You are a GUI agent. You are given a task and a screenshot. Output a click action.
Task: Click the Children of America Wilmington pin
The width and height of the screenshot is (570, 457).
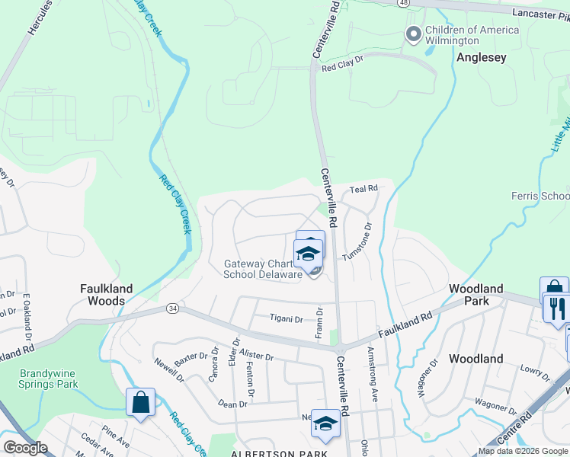coord(414,34)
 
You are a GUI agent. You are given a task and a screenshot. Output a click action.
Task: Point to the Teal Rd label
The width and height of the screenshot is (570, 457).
coord(363,188)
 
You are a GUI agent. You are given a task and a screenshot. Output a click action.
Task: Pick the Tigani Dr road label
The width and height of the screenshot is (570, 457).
coord(287,318)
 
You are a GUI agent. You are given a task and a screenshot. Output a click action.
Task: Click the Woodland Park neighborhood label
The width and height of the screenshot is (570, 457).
coord(476,295)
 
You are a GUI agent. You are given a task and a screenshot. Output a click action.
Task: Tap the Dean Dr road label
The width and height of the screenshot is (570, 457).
coord(232,404)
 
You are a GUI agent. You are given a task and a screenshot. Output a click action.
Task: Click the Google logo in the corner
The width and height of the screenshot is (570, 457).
coord(25,448)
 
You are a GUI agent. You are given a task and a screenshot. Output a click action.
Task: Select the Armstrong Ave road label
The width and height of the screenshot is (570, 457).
coord(373,364)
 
